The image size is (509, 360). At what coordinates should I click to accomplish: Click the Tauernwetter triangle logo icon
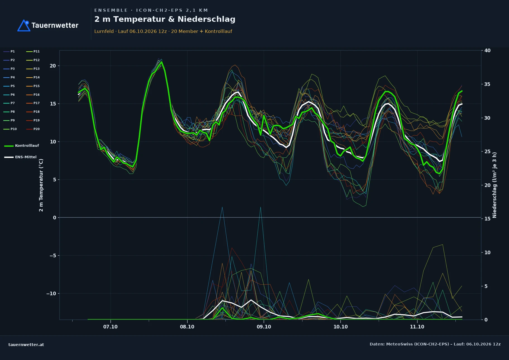pyautogui.click(x=24, y=25)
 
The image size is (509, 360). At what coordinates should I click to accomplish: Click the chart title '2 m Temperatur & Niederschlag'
pyautogui.click(x=165, y=19)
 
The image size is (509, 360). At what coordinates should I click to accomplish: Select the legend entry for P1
pyautogui.click(x=9, y=51)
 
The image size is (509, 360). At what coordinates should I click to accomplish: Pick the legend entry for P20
pyautogui.click(x=33, y=129)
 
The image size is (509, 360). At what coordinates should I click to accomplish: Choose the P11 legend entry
pyautogui.click(x=33, y=51)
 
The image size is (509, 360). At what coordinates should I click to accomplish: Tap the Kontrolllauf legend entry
pyautogui.click(x=21, y=146)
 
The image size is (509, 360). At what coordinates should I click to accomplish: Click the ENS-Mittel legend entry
pyautogui.click(x=20, y=157)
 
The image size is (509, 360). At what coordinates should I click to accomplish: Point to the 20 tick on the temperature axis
pyautogui.click(x=53, y=66)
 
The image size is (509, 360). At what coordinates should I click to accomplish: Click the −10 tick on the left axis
pyautogui.click(x=51, y=294)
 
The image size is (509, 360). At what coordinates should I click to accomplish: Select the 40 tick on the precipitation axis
pyautogui.click(x=487, y=51)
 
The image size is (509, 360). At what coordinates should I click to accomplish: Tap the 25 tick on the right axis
pyautogui.click(x=487, y=152)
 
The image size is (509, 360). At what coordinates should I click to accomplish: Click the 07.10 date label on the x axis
pyautogui.click(x=111, y=327)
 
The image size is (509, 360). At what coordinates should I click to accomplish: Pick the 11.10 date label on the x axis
pyautogui.click(x=417, y=327)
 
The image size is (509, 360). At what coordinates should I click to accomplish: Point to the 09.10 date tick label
pyautogui.click(x=264, y=327)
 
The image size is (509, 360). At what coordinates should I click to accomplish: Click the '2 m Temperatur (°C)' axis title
pyautogui.click(x=41, y=185)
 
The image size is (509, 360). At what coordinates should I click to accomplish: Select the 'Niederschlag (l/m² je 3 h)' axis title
pyautogui.click(x=494, y=185)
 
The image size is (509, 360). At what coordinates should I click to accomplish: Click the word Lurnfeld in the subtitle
pyautogui.click(x=104, y=31)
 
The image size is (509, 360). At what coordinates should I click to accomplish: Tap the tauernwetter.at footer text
pyautogui.click(x=26, y=345)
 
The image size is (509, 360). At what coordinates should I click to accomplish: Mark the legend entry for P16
pyautogui.click(x=33, y=95)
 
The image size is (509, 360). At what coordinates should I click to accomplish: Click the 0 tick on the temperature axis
pyautogui.click(x=54, y=218)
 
